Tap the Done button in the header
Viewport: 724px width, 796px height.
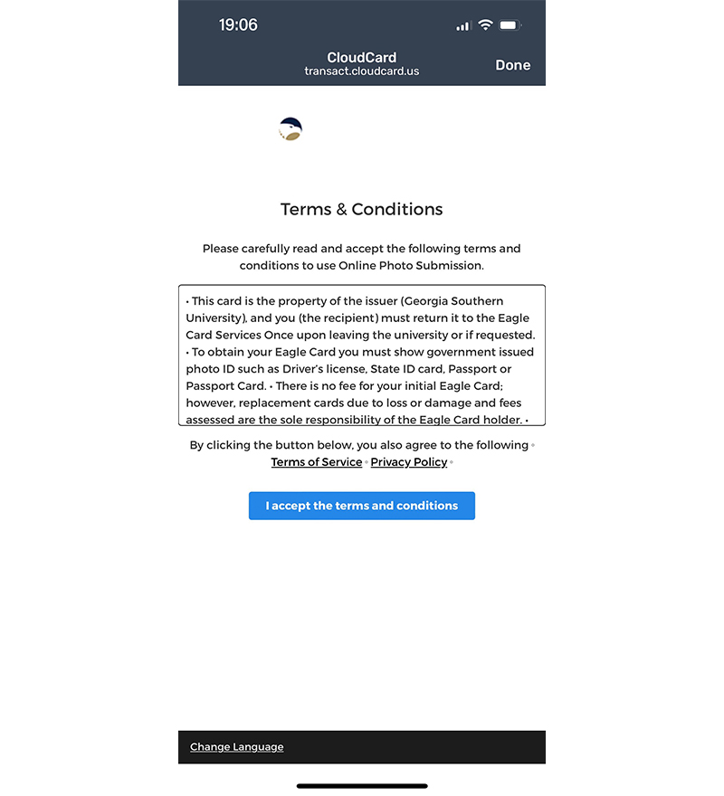point(512,65)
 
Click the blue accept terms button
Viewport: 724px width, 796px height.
point(362,506)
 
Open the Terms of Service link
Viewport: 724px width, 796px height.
point(317,462)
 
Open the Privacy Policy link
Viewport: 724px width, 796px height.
point(409,462)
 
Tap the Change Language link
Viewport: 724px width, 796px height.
point(236,747)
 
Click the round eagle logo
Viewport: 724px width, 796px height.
point(291,129)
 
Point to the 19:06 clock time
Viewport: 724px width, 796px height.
point(238,25)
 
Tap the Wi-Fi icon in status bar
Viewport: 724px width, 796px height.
point(485,25)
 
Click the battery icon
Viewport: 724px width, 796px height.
point(510,25)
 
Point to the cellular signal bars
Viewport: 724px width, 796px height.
point(463,26)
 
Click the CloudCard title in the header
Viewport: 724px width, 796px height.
point(362,58)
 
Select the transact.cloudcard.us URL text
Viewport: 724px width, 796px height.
point(362,71)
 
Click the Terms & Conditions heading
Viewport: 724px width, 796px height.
point(362,210)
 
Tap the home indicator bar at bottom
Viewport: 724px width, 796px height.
point(362,786)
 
